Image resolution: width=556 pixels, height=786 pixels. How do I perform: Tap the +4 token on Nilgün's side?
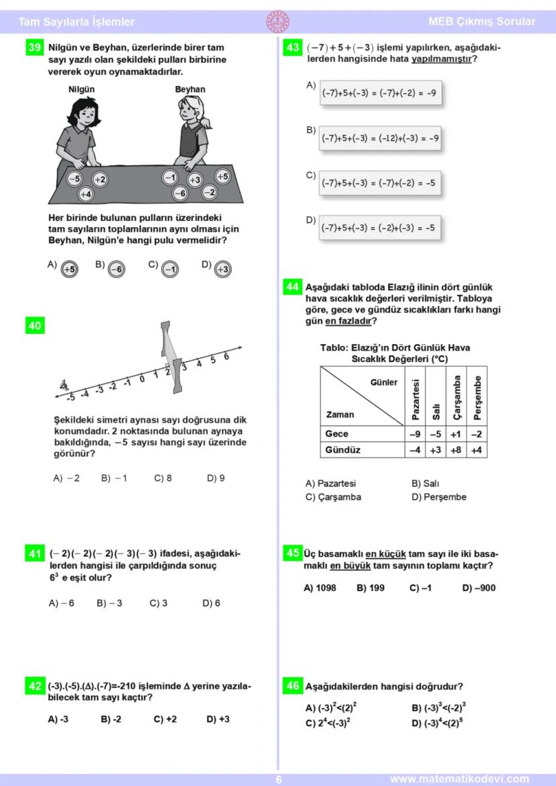[x=85, y=194]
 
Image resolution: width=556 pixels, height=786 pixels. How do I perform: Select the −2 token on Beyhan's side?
[x=210, y=192]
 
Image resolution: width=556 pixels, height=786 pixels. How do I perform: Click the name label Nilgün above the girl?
[x=82, y=89]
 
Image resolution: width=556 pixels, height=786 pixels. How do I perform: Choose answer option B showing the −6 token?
[x=116, y=269]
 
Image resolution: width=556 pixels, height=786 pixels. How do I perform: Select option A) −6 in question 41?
[x=62, y=603]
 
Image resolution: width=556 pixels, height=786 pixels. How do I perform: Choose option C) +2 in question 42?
[x=165, y=719]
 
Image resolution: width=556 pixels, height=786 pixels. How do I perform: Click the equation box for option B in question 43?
[x=379, y=138]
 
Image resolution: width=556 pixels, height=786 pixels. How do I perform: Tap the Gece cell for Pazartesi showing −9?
[x=416, y=434]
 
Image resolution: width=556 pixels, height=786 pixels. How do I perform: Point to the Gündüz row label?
[x=342, y=450]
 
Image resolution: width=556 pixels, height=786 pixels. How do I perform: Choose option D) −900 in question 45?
[x=479, y=588]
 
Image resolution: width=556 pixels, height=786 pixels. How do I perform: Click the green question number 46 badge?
[x=293, y=686]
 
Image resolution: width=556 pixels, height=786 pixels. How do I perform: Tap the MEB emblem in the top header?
[x=277, y=21]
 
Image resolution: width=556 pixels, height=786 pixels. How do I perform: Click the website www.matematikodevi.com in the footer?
[x=459, y=779]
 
